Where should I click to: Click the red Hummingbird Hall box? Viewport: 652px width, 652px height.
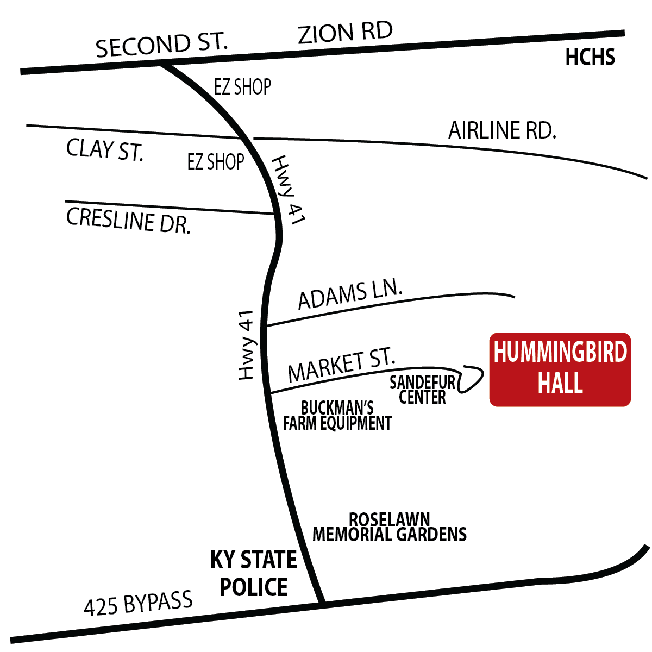coord(560,369)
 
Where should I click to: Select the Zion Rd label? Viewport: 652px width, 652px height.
coord(346,33)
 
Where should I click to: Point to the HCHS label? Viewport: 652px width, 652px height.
coord(590,58)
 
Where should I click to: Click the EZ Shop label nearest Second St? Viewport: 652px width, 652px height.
coord(242,87)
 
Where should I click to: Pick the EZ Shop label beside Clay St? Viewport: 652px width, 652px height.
coord(216,161)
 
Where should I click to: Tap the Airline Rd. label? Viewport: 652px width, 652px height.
coord(502,130)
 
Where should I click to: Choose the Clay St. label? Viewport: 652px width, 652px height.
coord(105,149)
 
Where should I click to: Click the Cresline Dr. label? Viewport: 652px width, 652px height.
coord(129,221)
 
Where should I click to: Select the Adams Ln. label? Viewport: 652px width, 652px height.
coord(350,293)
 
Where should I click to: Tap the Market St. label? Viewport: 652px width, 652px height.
coord(341,365)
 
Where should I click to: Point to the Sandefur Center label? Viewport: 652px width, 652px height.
coord(422,390)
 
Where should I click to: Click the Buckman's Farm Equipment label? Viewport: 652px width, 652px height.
coord(337,416)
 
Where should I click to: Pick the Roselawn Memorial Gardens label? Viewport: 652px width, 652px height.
coord(390,527)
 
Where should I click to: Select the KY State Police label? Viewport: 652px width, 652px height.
coord(254,573)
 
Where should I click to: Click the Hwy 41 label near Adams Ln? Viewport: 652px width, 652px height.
coord(246,345)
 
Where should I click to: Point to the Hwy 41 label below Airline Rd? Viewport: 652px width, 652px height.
coord(289,190)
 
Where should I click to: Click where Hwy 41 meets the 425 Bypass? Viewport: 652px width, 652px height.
coord(322,602)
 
